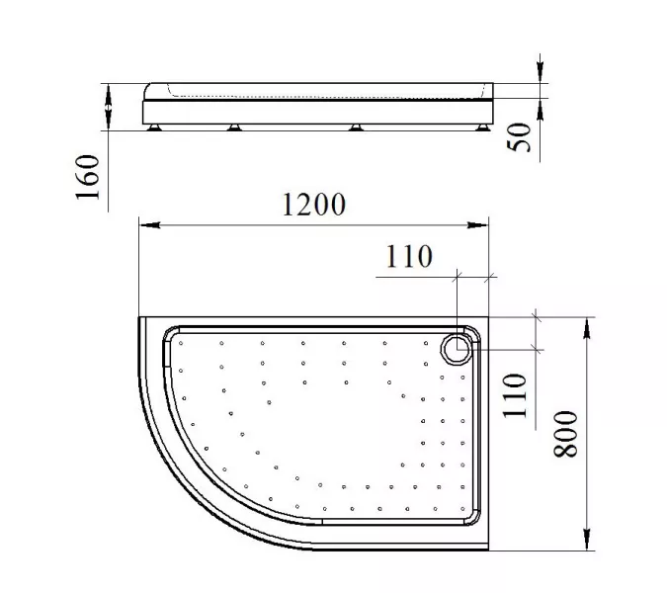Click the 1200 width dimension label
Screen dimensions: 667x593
(x=314, y=205)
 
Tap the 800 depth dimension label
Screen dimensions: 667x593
(x=566, y=434)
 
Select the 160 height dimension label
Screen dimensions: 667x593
(x=88, y=177)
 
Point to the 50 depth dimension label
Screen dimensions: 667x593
(x=520, y=137)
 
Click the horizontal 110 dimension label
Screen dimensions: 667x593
(x=409, y=257)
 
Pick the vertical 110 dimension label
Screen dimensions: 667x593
(x=515, y=396)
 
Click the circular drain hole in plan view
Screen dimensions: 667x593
(x=457, y=349)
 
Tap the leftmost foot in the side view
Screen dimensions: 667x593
(x=154, y=127)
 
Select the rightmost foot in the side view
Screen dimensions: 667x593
(x=482, y=127)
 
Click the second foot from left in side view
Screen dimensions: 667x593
(x=234, y=127)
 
